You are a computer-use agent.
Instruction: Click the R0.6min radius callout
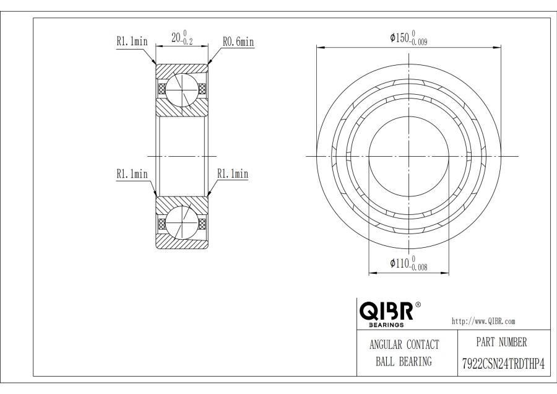point(238,42)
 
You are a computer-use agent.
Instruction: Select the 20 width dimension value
point(176,37)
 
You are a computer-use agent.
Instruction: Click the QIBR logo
point(386,311)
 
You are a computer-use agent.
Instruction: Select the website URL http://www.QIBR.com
point(483,322)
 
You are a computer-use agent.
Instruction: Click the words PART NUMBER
point(501,342)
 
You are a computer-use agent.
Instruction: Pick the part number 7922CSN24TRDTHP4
point(503,364)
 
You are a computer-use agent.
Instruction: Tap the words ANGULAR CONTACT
point(404,344)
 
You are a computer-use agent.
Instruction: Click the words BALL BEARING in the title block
point(404,362)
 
